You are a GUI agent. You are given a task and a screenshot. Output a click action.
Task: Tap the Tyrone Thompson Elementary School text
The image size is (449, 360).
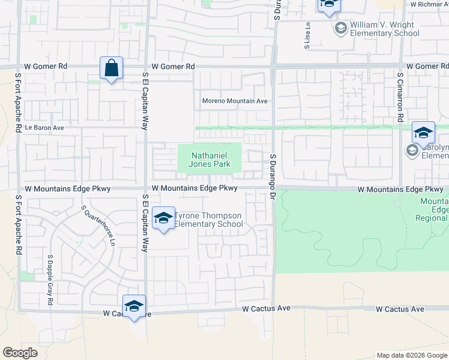[208, 220]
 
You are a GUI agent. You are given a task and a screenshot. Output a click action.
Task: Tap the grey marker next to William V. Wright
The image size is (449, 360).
[341, 28]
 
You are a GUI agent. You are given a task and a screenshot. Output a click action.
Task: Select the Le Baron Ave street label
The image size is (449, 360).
[44, 128]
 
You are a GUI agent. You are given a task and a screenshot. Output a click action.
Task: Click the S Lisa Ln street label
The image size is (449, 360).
[307, 36]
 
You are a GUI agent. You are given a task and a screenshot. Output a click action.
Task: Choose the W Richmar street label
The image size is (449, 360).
[429, 4]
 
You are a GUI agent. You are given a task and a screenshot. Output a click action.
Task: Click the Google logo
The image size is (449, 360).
[20, 353]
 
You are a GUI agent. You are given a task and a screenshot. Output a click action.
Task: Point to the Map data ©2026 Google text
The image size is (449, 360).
[411, 355]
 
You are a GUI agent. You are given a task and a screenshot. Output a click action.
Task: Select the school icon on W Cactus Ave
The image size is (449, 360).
[134, 307]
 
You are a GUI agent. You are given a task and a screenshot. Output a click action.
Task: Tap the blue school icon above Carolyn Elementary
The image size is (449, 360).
[423, 133]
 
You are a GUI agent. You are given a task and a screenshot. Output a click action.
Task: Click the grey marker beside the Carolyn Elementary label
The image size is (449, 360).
[412, 150]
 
